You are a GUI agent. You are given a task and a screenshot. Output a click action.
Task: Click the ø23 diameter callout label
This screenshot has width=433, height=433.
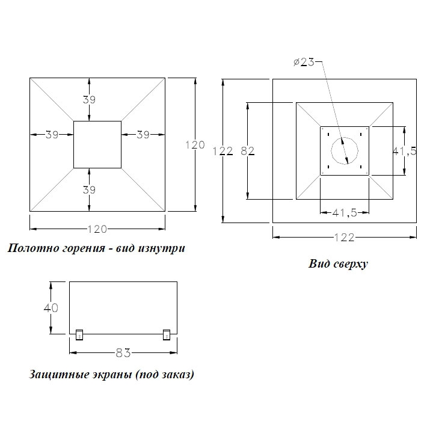[x=304, y=62]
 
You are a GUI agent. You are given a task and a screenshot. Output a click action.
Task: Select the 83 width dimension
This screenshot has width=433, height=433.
[x=123, y=353]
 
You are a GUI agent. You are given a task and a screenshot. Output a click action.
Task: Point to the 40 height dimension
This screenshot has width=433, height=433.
[x=51, y=308]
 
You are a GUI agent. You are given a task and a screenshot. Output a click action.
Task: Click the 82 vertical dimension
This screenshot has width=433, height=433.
[x=247, y=151]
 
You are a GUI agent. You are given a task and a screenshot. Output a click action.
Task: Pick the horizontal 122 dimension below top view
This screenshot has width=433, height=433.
[x=344, y=238]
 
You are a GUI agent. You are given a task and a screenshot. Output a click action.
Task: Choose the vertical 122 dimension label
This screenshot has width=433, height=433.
[x=223, y=151]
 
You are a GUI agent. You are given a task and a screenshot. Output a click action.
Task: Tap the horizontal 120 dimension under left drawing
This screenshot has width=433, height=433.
[x=97, y=229]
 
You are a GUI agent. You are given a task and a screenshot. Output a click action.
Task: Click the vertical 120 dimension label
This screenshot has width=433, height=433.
[x=195, y=145]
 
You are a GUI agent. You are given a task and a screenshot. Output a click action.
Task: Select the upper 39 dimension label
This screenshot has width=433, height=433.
[x=89, y=99]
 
